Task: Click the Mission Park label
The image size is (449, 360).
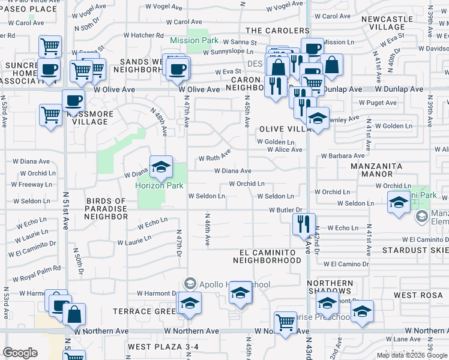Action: click(x=193, y=41)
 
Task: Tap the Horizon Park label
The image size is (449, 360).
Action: click(x=159, y=185)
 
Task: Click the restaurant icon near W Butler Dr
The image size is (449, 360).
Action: click(x=304, y=224)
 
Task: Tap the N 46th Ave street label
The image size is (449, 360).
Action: click(x=208, y=229)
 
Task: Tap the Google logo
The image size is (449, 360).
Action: click(x=20, y=353)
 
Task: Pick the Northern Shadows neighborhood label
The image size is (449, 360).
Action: click(x=330, y=287)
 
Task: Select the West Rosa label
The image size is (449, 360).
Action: click(x=418, y=295)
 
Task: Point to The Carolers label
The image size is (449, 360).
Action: click(x=277, y=30)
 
